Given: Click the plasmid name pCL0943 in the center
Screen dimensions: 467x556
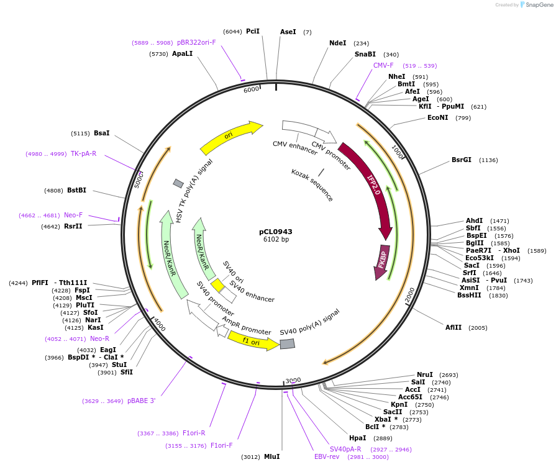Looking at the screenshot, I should point(275,232).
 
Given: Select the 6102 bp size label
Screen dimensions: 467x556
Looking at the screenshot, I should point(275,240).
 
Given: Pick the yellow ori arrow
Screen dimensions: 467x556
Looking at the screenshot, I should point(230,136).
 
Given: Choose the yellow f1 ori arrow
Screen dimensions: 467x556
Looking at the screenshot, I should point(253,340).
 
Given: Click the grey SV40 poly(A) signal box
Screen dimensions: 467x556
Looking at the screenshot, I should point(287,343).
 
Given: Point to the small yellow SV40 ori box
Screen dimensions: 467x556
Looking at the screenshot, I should point(217,285).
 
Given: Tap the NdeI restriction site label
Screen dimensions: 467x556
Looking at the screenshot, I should point(337,43).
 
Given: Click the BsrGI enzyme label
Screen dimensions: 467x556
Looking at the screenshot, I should point(461,160).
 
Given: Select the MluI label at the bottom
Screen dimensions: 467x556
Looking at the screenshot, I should point(271,456).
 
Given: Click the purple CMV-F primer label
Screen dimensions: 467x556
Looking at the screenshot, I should point(383,65).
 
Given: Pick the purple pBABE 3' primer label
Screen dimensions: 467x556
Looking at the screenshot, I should point(141,401).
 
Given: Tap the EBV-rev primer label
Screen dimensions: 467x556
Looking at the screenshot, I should point(327,456).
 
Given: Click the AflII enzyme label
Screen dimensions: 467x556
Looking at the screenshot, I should point(453,327).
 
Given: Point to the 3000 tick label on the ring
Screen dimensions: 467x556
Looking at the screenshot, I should point(293,380).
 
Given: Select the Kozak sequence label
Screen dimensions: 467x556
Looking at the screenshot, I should point(312,185).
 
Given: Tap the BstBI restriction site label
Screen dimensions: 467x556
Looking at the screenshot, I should point(76,191).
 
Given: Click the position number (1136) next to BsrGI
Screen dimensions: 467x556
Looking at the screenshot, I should point(488,160).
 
